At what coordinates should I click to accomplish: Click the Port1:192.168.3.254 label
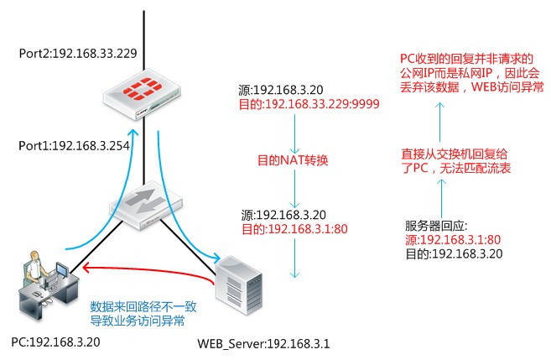click(74, 145)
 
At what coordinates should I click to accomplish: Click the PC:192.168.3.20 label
click(51, 342)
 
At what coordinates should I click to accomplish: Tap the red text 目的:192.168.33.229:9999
click(309, 103)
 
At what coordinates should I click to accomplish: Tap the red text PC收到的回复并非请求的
click(465, 59)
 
